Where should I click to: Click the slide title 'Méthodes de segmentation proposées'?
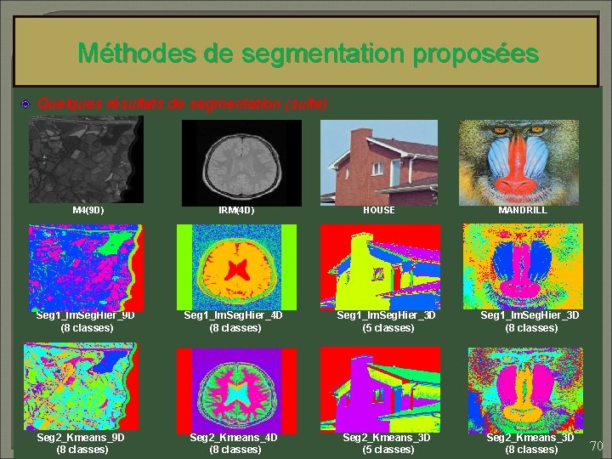coord(308,54)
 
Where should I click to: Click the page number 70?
coord(597,446)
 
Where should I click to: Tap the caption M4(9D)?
coord(88,209)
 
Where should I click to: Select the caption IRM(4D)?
coord(236,209)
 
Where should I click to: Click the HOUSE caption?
coord(378,209)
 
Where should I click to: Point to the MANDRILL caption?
coord(523,209)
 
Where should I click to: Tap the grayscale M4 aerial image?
coord(85,158)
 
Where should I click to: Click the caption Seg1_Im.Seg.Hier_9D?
coord(86,315)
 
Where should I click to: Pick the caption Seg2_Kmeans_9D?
coord(81,437)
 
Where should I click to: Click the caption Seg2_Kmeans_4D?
coord(234,437)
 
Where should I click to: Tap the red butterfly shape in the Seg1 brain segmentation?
coord(235,270)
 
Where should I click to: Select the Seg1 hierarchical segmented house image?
coord(379,265)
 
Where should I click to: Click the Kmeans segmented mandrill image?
coord(524,388)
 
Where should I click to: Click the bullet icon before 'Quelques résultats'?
coord(25,104)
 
